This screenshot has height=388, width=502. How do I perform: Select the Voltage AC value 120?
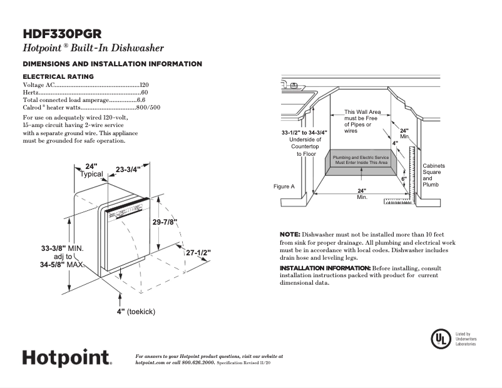click(x=144, y=84)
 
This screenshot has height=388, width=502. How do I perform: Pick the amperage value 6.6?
click(x=141, y=100)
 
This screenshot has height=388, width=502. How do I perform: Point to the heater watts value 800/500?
click(x=148, y=108)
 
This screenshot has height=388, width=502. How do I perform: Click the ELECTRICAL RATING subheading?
click(x=58, y=76)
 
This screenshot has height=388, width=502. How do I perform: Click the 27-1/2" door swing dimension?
click(x=198, y=253)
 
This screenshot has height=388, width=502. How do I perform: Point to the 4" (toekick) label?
click(x=135, y=311)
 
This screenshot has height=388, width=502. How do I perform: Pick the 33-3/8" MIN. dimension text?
click(x=63, y=248)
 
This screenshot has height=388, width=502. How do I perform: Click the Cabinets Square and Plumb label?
click(x=434, y=175)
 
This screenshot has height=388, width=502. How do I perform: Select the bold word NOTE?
click(x=290, y=233)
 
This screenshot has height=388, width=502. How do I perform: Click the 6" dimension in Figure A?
click(x=404, y=179)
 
